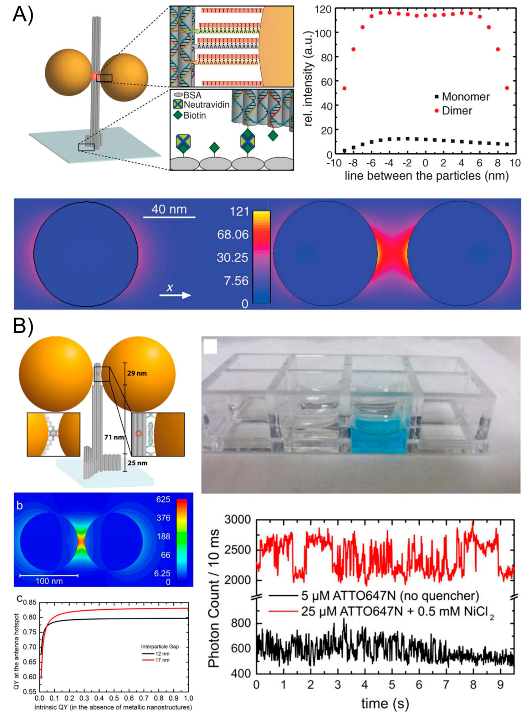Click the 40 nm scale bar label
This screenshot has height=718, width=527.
pyautogui.click(x=169, y=210)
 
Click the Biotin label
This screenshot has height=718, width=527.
pyautogui.click(x=195, y=115)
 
